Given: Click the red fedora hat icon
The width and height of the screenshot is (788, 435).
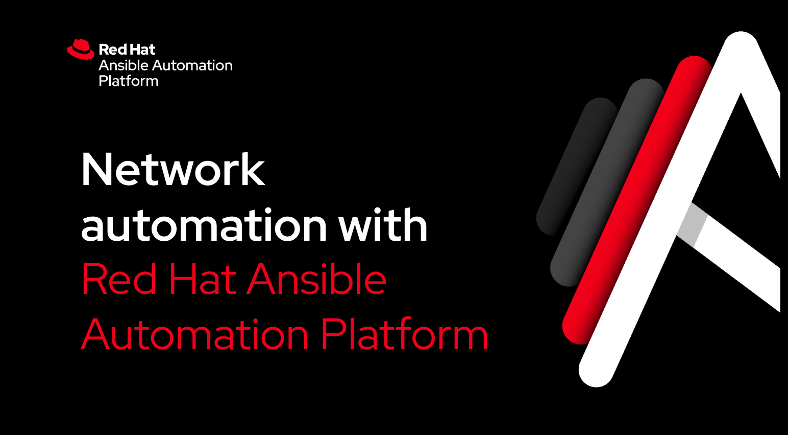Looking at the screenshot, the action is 81,49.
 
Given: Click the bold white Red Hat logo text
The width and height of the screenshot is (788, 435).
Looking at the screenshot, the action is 127,50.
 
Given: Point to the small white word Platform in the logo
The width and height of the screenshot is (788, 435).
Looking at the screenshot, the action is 129,81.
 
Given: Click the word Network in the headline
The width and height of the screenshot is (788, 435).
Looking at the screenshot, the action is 173,169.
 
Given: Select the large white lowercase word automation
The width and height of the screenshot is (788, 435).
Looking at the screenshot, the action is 204,225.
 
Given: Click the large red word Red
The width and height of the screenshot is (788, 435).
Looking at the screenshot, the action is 119,279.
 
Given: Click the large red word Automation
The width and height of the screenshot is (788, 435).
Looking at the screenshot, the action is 195,334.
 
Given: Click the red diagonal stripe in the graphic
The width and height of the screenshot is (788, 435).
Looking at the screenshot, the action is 637,200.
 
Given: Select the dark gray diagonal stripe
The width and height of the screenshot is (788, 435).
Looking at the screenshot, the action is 607,182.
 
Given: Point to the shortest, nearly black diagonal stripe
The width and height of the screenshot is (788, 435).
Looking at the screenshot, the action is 577,167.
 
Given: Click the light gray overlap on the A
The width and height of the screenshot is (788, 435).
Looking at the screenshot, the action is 693,225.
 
